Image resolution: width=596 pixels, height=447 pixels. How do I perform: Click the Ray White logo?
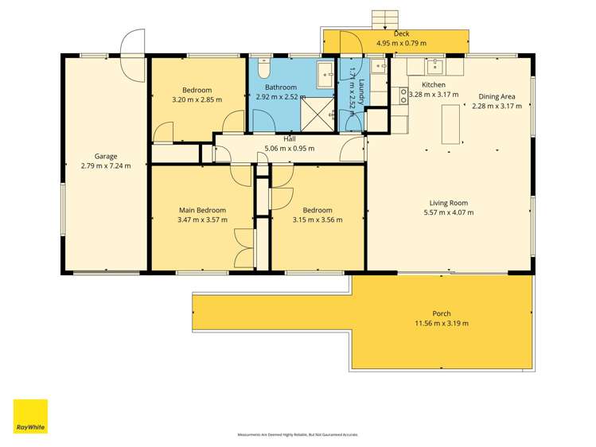[x=30, y=416]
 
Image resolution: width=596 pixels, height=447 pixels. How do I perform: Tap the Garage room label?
[x=106, y=156]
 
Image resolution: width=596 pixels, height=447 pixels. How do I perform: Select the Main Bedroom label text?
[x=202, y=210]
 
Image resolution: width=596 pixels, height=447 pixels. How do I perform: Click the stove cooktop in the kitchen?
[x=403, y=96]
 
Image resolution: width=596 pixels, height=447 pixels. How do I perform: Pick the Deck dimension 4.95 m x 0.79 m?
[x=401, y=44]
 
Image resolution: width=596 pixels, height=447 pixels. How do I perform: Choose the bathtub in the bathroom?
[x=325, y=75]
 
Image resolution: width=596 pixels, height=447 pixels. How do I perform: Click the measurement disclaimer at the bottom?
[x=298, y=435]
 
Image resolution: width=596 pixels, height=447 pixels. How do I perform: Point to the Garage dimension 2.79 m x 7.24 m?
[x=106, y=165]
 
